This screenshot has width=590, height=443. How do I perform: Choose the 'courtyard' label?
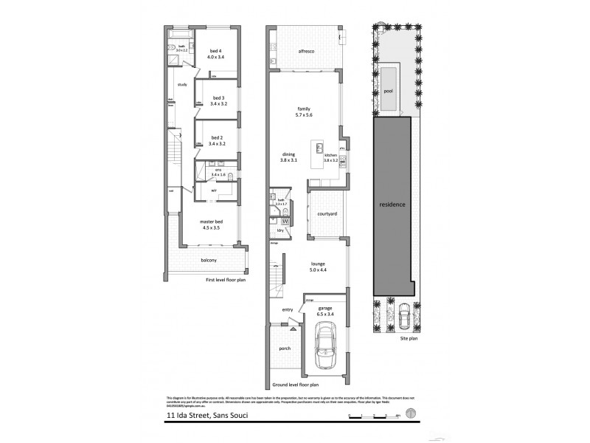[x=326, y=213]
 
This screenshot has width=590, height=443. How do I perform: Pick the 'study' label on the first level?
[x=182, y=84]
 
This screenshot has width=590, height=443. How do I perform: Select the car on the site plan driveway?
[x=403, y=317]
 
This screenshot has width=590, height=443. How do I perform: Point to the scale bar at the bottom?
[x=372, y=417]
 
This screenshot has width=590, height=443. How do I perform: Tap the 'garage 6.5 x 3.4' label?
[x=325, y=310]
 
